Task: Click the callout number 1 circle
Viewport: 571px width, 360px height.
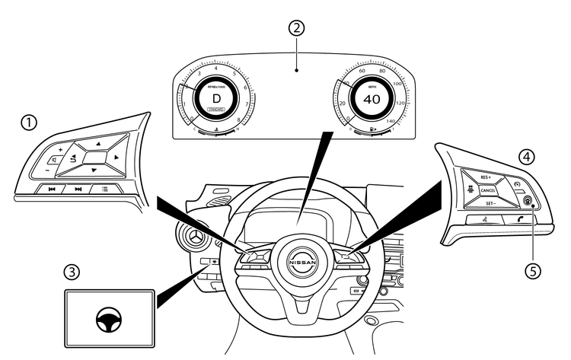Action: click(29, 122)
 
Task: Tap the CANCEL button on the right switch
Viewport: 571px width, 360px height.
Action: click(488, 190)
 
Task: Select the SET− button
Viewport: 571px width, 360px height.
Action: click(489, 205)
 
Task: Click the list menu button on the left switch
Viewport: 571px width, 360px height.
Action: click(104, 189)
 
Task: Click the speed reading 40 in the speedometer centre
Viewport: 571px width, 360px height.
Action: click(372, 100)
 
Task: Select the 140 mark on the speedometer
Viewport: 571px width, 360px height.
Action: click(391, 120)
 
